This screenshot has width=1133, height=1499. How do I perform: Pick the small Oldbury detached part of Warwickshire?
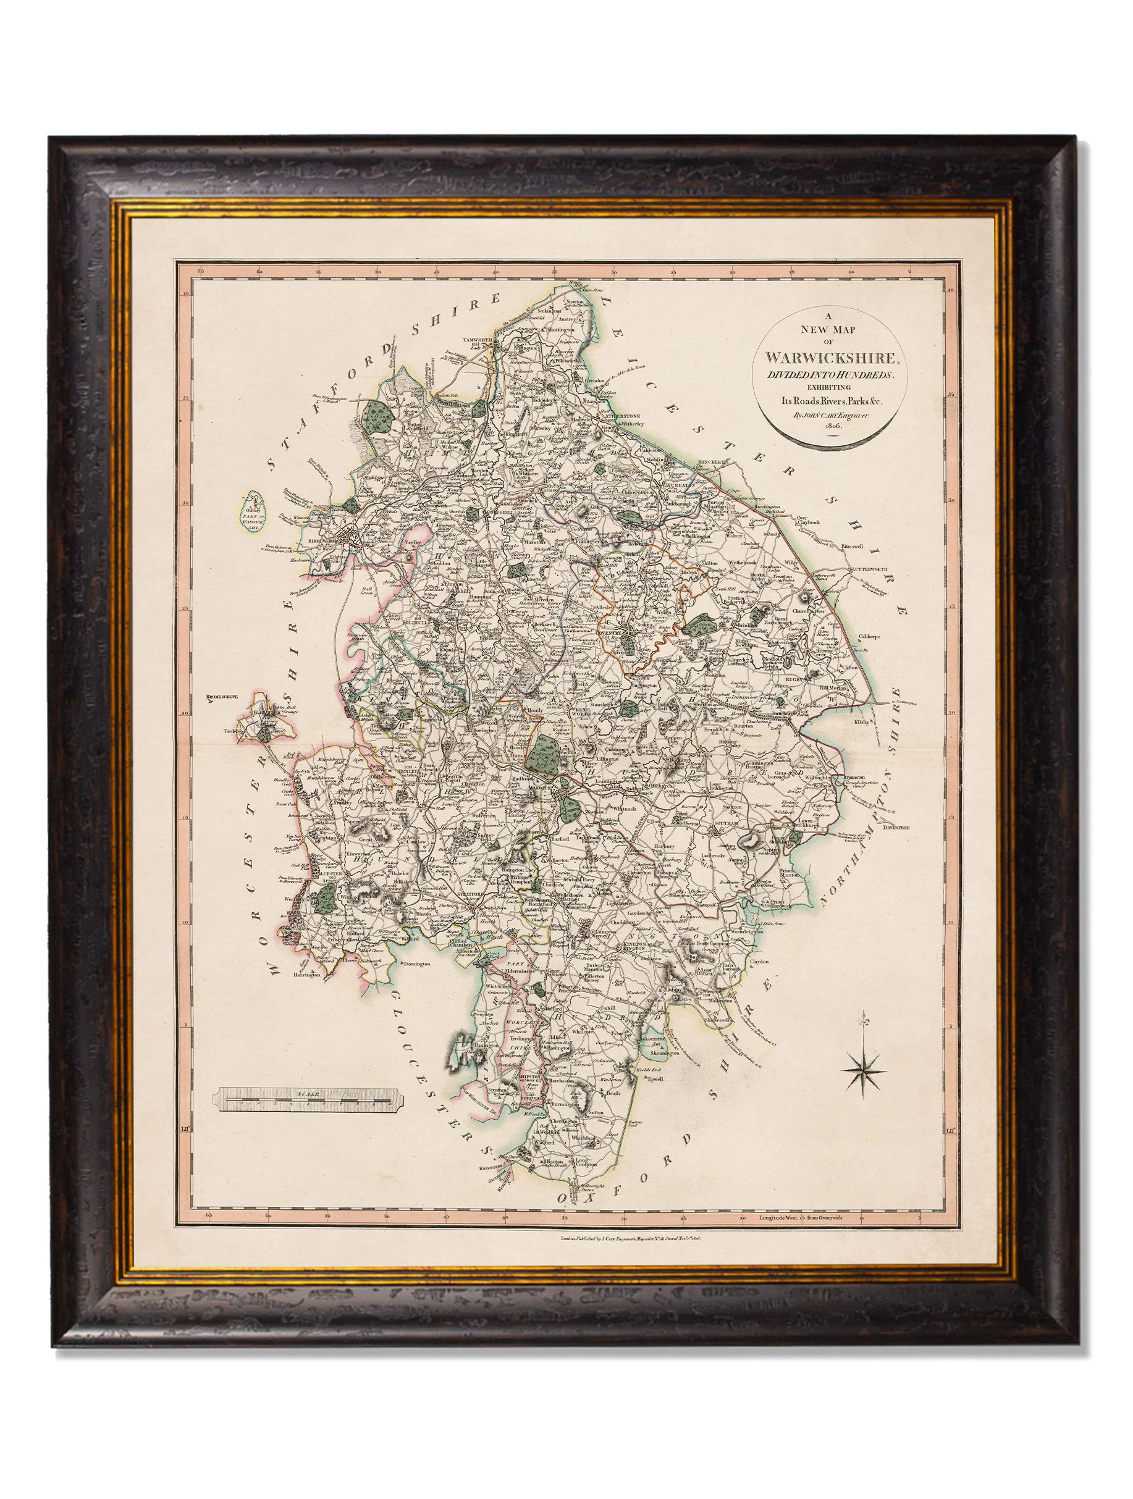click(253, 510)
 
